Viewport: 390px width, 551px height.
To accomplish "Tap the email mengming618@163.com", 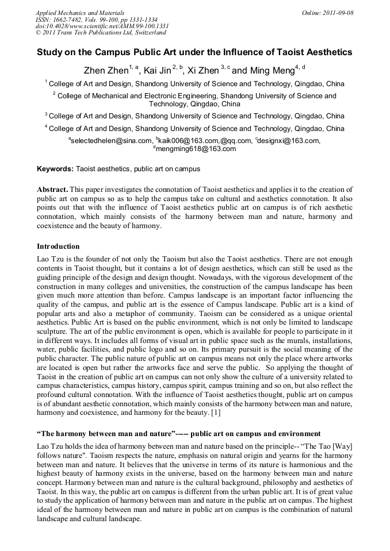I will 196,149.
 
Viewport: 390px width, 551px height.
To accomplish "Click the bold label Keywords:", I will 55,169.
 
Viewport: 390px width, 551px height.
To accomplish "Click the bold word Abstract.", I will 53,189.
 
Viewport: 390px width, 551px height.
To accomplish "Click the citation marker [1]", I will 215,413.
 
